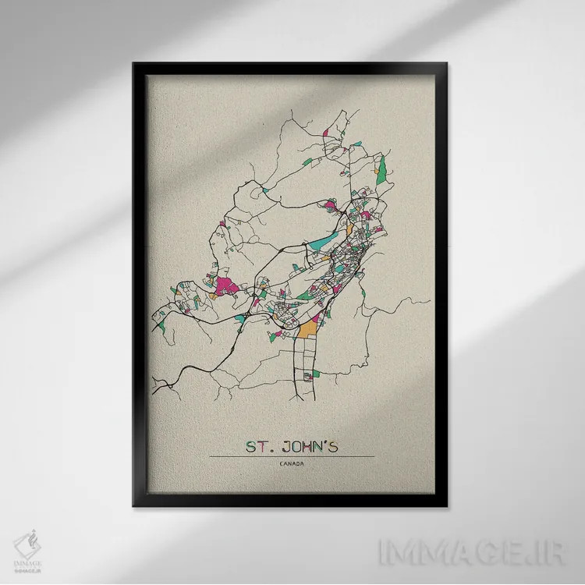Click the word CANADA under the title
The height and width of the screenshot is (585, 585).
pos(292,465)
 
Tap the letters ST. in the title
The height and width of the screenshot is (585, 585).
pos(258,447)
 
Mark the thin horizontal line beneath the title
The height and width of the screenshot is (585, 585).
pos(292,456)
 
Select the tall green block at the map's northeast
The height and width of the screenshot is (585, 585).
pos(382,167)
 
